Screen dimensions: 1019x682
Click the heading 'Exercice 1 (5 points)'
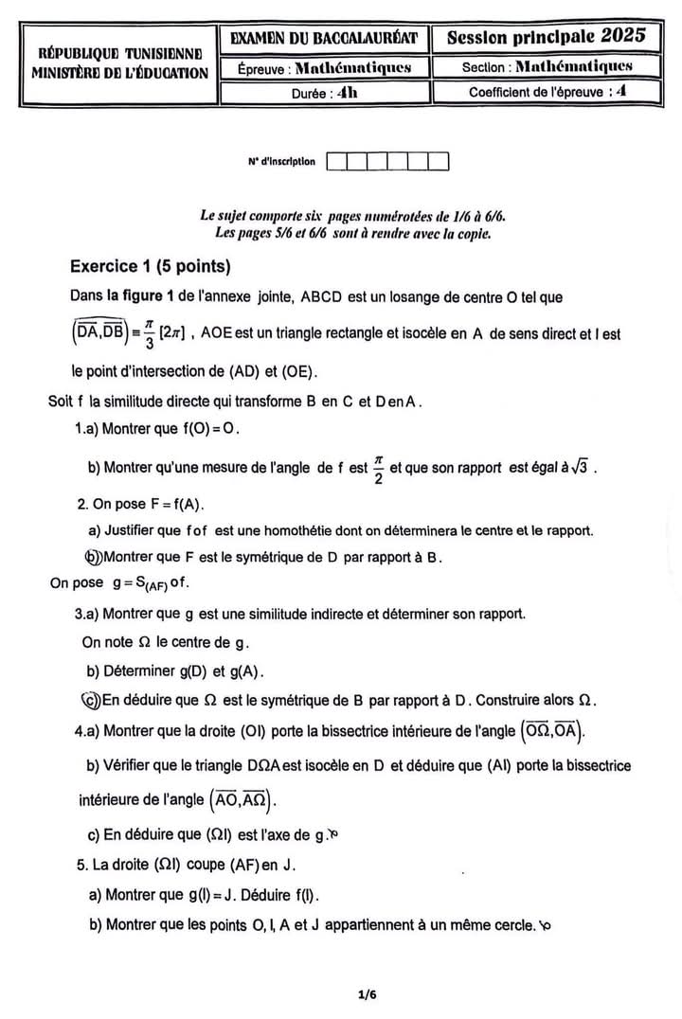(151, 266)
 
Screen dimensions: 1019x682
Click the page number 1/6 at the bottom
(368, 994)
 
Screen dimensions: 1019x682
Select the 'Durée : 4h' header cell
(324, 92)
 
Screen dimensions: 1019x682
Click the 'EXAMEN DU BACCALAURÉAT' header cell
(324, 39)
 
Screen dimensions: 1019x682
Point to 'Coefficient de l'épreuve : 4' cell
(547, 92)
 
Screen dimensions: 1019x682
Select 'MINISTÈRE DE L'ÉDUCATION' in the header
(119, 72)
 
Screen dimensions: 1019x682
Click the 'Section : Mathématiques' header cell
(547, 67)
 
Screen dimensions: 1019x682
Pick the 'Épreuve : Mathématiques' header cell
(324, 67)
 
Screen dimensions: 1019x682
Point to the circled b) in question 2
(92, 557)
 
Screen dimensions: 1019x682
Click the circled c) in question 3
(90, 701)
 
